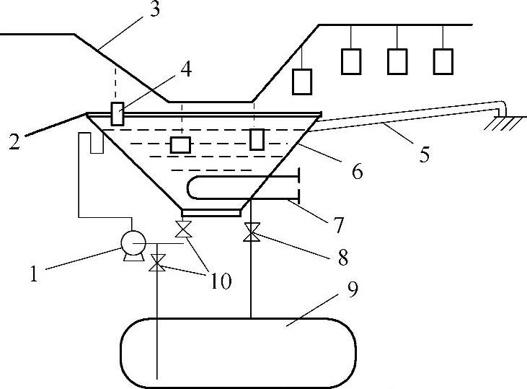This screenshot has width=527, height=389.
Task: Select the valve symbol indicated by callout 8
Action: (x=252, y=233)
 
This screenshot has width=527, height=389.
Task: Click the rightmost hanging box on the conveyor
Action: (x=444, y=62)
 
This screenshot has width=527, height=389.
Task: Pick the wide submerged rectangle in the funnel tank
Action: (x=180, y=144)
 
